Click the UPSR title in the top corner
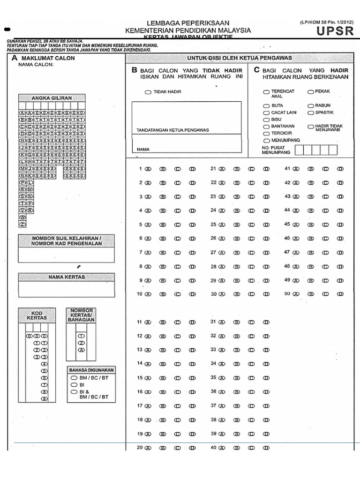click(332, 31)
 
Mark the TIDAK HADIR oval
click(148, 92)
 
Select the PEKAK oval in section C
click(311, 91)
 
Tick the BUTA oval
click(266, 106)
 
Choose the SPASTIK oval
click(311, 113)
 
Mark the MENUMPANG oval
click(266, 140)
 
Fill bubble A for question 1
click(148, 169)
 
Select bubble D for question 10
click(192, 294)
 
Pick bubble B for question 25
click(237, 225)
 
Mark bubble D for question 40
click(266, 448)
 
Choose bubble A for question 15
click(148, 378)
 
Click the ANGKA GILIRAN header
click(52, 98)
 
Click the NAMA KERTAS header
click(67, 277)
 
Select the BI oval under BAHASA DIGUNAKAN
click(74, 384)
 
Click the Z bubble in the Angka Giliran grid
click(22, 225)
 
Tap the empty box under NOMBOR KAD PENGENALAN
click(66, 255)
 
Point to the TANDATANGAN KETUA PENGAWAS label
click(172, 130)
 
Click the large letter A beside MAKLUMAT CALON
click(15, 58)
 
